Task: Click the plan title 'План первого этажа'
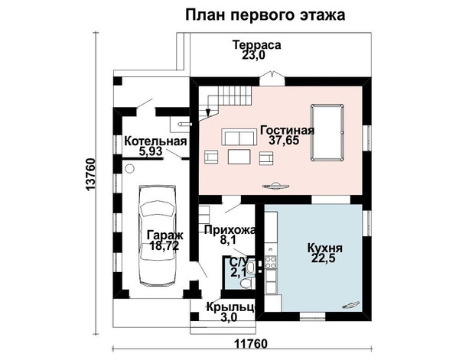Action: click(x=265, y=15)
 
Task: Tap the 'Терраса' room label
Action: click(x=257, y=45)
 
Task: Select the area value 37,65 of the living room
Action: click(x=284, y=141)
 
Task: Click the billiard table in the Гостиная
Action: click(x=327, y=132)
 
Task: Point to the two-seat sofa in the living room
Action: click(x=238, y=137)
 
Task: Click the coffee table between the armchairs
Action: click(x=239, y=157)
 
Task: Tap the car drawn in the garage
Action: click(x=158, y=235)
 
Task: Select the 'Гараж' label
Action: click(x=165, y=235)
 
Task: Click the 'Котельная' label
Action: click(x=155, y=141)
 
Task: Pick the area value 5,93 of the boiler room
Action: click(x=151, y=152)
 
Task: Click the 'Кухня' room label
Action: click(x=324, y=248)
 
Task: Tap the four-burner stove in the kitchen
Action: click(x=271, y=262)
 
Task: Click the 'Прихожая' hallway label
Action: click(x=229, y=230)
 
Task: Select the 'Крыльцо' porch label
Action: click(x=231, y=307)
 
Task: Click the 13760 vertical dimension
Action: click(x=91, y=175)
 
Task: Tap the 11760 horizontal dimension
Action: click(x=251, y=344)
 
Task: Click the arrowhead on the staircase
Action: click(x=208, y=113)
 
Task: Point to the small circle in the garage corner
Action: click(x=129, y=169)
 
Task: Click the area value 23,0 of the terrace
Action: click(x=253, y=55)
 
